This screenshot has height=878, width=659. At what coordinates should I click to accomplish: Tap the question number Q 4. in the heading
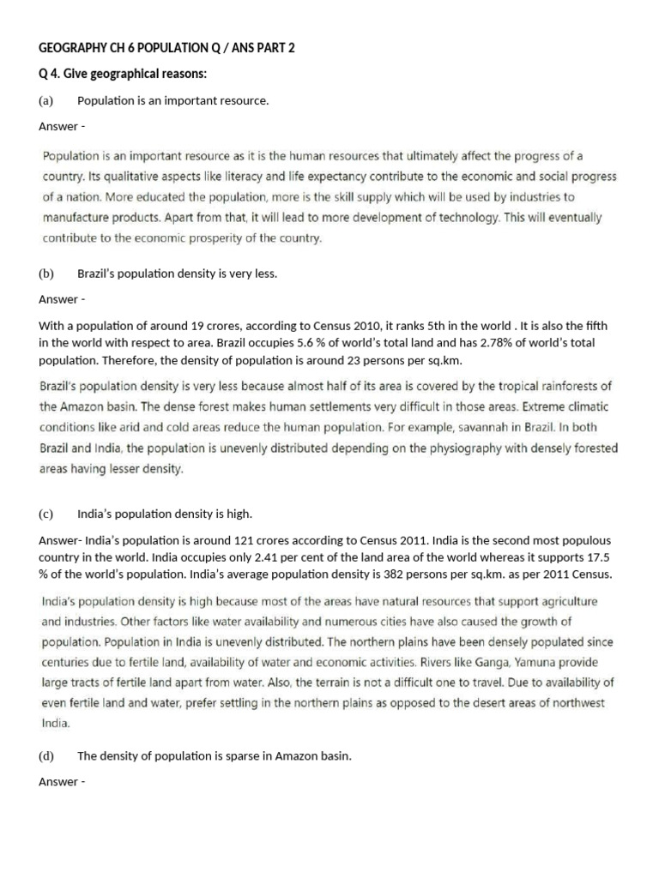pos(51,74)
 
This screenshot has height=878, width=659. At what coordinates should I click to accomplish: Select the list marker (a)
pos(46,101)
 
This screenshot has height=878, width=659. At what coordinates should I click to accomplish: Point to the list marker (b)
pos(46,274)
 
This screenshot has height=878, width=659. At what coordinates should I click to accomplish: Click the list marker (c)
pos(46,514)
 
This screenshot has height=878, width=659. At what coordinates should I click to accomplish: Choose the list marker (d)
pos(46,756)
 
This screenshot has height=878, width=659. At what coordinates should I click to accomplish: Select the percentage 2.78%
pos(493,343)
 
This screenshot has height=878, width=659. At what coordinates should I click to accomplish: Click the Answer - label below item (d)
pos(62,782)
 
